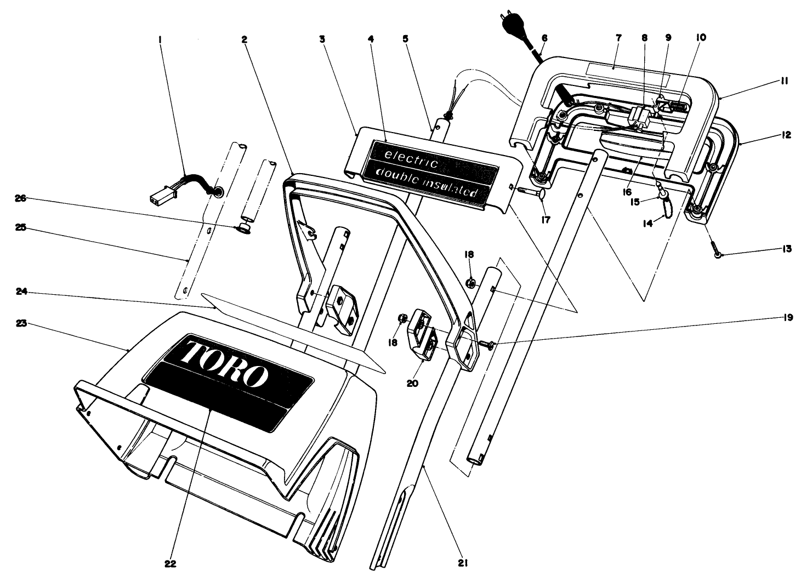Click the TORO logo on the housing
point(225,362)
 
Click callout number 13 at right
point(787,249)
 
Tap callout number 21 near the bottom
point(465,563)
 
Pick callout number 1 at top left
point(160,39)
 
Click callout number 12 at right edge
point(787,134)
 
